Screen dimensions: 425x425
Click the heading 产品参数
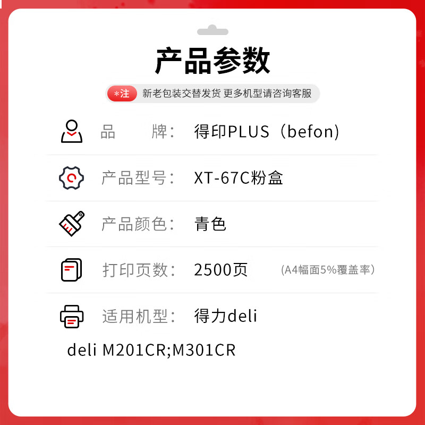212,61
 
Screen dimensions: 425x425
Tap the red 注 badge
122,94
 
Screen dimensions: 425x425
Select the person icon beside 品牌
71,131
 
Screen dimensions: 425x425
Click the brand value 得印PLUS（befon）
267,132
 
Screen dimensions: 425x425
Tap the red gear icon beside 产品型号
71,177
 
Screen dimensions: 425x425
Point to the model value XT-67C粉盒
239,178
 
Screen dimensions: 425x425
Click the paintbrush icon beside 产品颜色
71,224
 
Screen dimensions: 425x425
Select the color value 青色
210,224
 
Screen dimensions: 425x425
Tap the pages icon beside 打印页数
71,270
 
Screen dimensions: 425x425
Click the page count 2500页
221,270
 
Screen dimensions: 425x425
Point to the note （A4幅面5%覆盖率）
328,270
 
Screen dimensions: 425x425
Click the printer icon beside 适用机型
71,316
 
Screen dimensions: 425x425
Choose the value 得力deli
226,317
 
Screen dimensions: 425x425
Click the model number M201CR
134,351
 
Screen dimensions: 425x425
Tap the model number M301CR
204,351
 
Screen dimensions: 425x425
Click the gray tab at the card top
212,30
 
